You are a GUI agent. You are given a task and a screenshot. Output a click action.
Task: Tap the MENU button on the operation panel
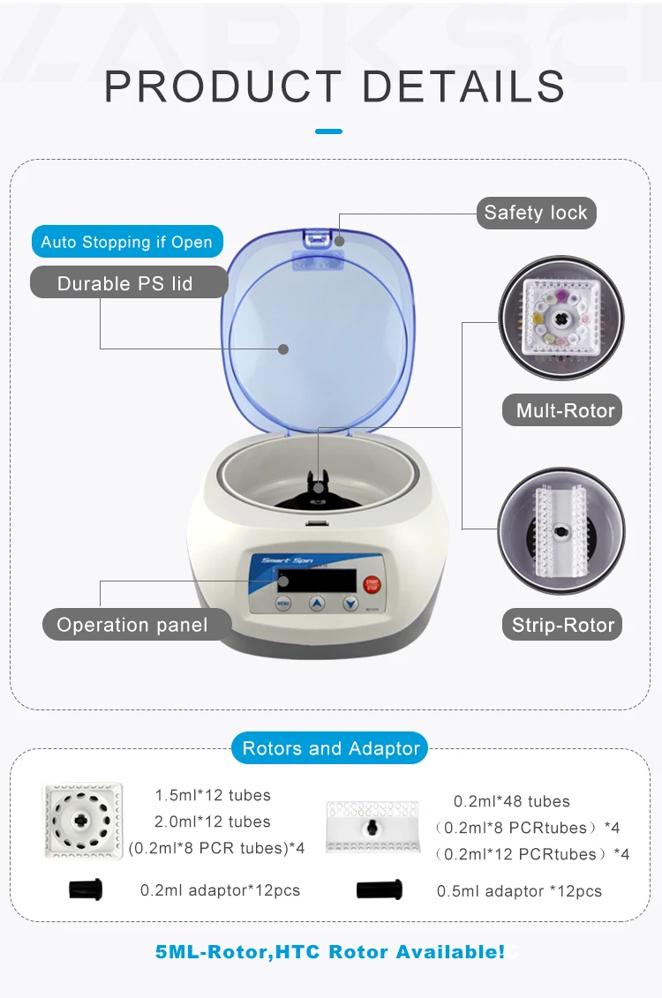(x=283, y=604)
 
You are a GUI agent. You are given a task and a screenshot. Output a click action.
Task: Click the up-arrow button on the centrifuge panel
(x=317, y=604)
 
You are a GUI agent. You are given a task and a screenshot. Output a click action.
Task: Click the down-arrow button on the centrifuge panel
(x=350, y=604)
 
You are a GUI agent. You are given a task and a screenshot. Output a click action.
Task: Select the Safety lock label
(x=536, y=213)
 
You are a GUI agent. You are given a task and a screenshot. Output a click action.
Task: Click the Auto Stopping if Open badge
(x=127, y=242)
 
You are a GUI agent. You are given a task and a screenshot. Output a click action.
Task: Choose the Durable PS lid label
(x=124, y=283)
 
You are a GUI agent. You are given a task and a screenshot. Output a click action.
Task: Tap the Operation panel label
(x=132, y=625)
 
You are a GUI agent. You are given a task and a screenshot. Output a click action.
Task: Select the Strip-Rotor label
(x=563, y=625)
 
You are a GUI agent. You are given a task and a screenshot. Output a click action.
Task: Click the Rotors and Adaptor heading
(x=331, y=748)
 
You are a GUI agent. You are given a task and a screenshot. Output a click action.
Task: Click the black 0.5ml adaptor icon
(x=380, y=889)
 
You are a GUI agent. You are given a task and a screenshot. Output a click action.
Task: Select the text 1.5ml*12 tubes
(x=213, y=795)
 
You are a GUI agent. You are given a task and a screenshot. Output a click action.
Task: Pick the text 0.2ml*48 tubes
(x=512, y=801)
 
